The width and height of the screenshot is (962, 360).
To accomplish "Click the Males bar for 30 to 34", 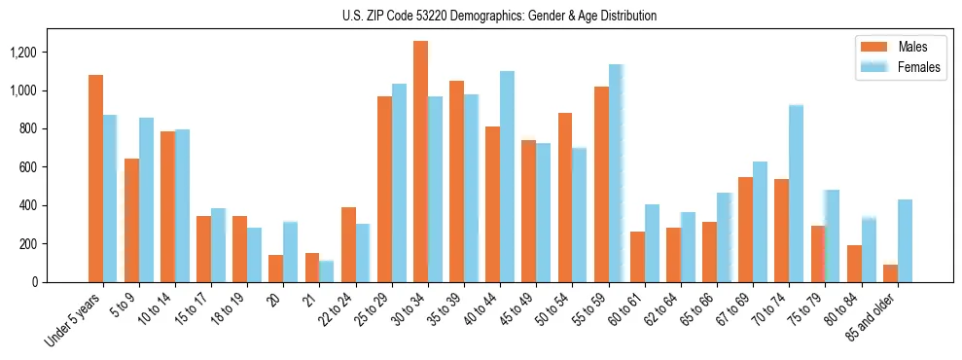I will tap(420, 162).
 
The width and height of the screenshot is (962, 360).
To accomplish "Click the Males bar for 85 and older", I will tap(890, 273).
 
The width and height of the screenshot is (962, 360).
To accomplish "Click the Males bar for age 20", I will tap(275, 269).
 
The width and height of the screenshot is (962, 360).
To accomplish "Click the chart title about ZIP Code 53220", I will tap(500, 16).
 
